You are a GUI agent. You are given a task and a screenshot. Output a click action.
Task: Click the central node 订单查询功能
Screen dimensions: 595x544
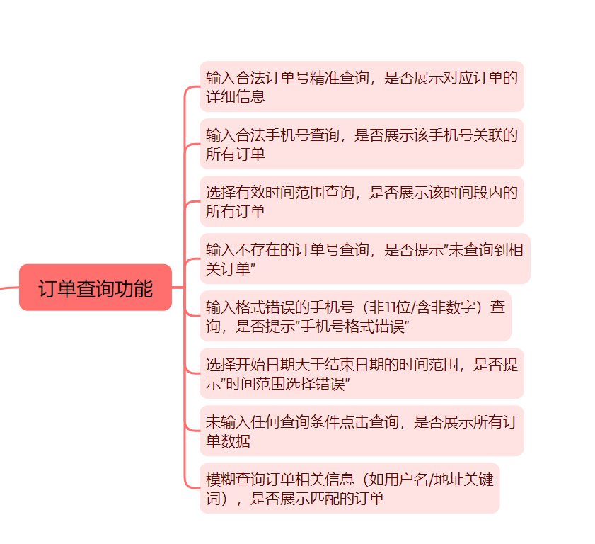(96, 288)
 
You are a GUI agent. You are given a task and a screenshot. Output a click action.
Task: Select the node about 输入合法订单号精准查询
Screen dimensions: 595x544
(361, 86)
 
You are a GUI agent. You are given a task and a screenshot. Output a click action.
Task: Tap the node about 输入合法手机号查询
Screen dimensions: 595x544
(361, 144)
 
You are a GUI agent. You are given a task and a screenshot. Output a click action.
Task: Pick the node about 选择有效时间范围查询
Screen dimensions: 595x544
(361, 201)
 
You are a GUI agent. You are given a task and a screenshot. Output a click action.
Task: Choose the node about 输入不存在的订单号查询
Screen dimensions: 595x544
(364, 259)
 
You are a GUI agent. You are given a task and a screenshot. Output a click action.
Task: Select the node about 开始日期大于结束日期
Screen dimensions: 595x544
(361, 373)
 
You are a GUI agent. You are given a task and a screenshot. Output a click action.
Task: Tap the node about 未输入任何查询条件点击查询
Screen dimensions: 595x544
(361, 431)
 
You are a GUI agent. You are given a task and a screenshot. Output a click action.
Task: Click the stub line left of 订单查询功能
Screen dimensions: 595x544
(9, 288)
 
